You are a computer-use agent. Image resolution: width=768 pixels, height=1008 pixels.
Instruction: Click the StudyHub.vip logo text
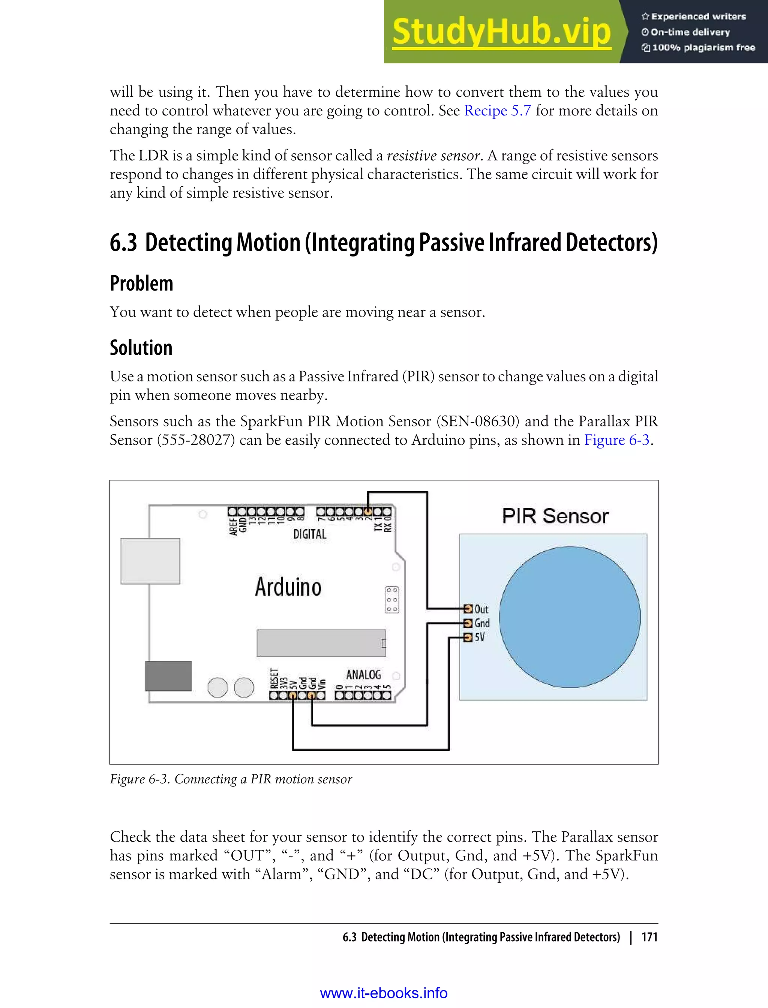[x=501, y=32]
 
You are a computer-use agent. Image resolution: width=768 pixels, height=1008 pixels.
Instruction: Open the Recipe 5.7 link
[x=497, y=111]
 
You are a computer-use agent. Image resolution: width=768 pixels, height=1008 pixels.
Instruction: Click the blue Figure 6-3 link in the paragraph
[x=616, y=440]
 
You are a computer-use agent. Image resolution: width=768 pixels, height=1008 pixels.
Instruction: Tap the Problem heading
[x=141, y=283]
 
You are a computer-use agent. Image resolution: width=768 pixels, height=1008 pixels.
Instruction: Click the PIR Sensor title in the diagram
[x=555, y=516]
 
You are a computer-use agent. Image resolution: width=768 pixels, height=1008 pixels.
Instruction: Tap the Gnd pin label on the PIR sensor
[x=482, y=623]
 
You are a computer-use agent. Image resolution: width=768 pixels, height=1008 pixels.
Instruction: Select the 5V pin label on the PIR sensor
[x=480, y=637]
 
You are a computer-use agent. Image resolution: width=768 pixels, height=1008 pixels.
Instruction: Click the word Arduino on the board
[x=288, y=587]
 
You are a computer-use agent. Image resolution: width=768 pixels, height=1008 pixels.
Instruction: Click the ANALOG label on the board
[x=363, y=675]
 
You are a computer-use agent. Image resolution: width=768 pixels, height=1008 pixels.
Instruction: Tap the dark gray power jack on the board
[x=168, y=676]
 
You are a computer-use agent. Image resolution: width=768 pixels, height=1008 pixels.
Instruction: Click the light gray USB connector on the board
[x=150, y=561]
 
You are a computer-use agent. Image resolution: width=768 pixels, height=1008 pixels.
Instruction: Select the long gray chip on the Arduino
[x=321, y=643]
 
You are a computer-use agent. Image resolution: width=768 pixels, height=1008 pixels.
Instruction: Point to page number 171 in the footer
[x=649, y=937]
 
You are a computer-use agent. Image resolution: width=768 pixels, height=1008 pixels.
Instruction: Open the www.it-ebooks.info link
[x=384, y=993]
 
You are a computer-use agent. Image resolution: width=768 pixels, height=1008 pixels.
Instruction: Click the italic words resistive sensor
[x=433, y=156]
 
